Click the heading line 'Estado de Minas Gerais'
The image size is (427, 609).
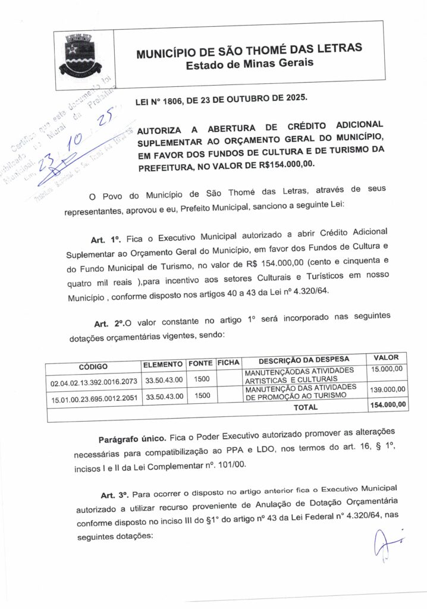point(250,63)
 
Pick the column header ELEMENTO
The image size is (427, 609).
point(162,364)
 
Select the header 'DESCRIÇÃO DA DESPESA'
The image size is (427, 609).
point(304,360)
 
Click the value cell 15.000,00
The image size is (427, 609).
point(388,370)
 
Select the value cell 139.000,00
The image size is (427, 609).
point(387,390)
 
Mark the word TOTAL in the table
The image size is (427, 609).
point(306,407)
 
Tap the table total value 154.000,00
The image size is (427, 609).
point(387,405)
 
